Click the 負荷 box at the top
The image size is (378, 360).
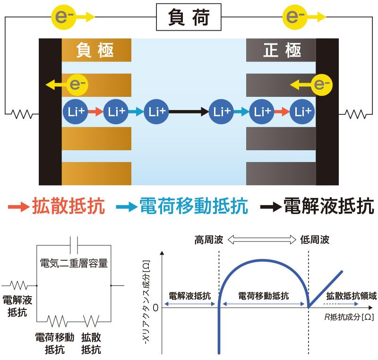189,18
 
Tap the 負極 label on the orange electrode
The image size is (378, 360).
96,50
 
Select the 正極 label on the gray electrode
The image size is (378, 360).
282,50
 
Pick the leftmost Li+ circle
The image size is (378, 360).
75,112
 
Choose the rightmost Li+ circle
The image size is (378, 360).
303,112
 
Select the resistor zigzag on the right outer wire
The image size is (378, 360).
355,114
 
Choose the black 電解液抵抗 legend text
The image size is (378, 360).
328,206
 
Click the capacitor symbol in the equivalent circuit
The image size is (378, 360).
74,245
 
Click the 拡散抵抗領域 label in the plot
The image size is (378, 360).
351,296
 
